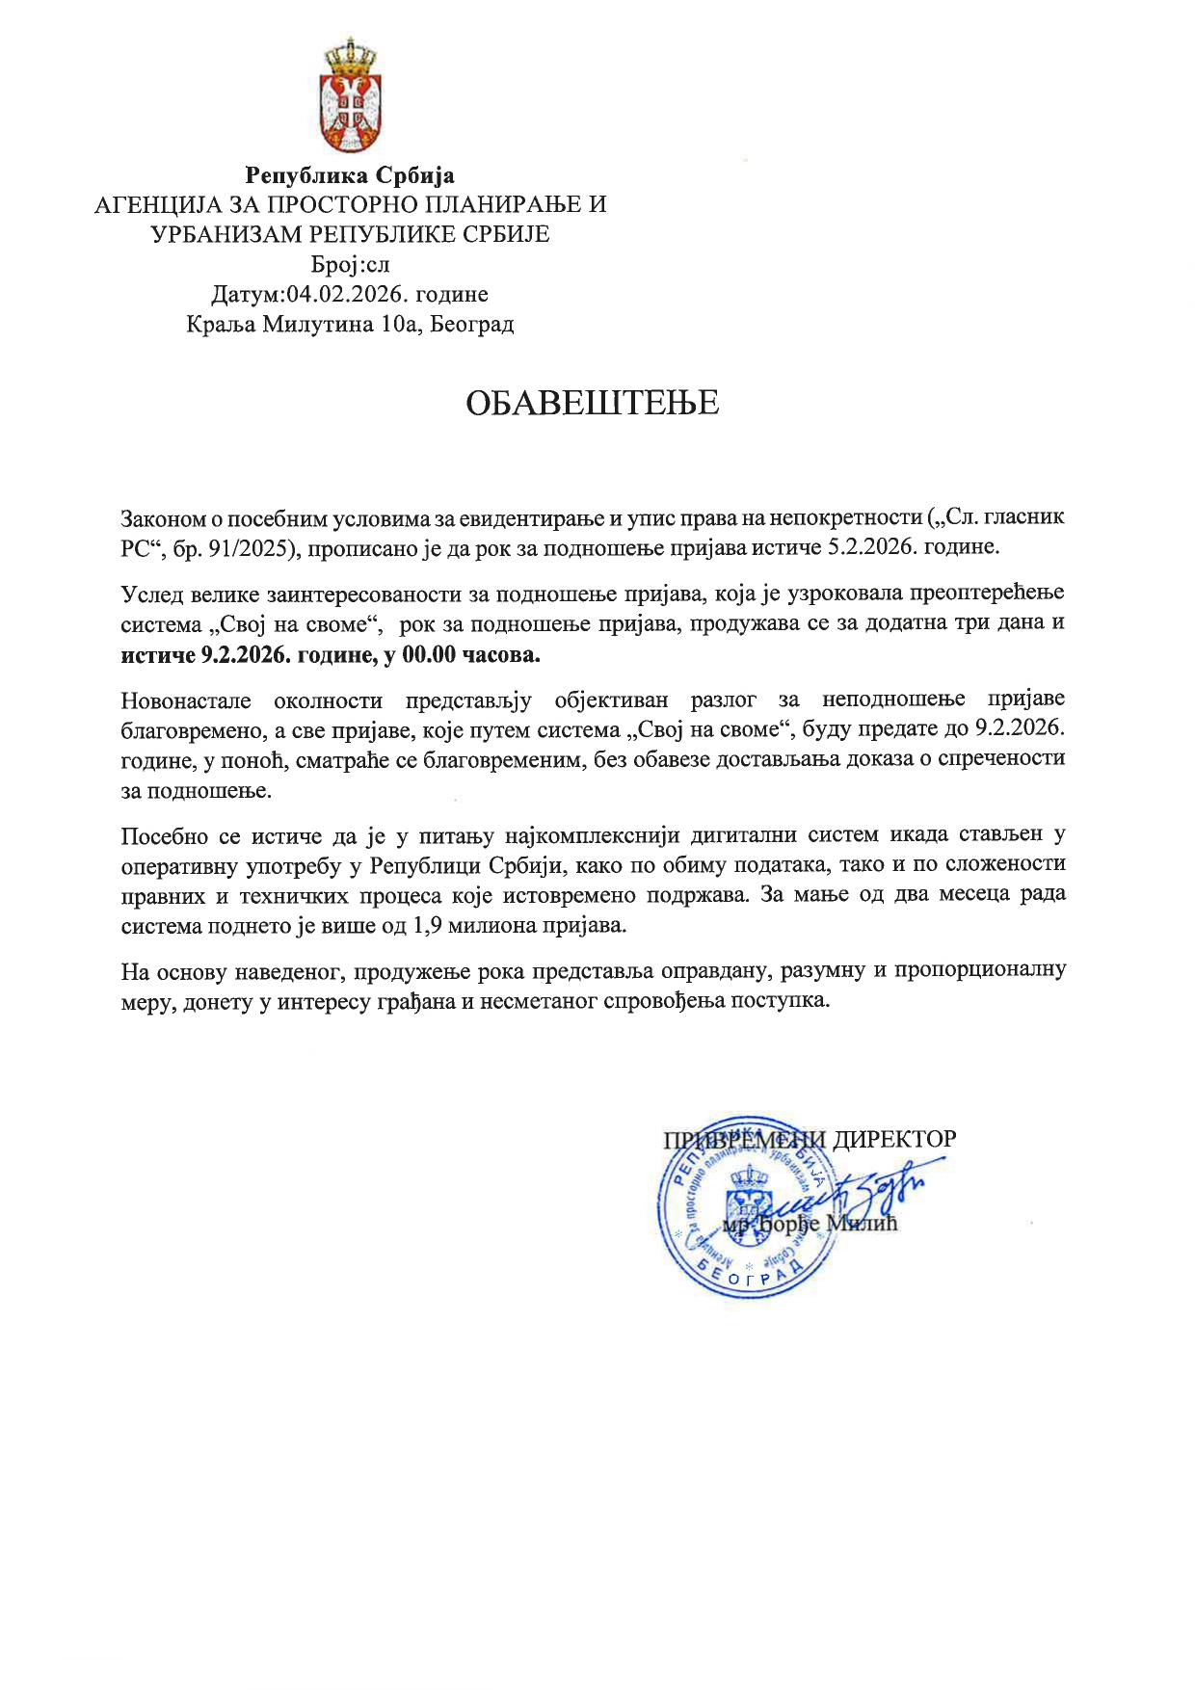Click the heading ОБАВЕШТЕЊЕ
tap(593, 403)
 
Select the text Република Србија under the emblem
tap(349, 175)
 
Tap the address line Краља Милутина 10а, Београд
tap(350, 324)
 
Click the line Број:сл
tap(350, 264)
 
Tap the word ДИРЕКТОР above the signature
tap(894, 1139)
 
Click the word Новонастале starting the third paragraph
tap(185, 700)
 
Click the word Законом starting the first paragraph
tap(163, 518)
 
